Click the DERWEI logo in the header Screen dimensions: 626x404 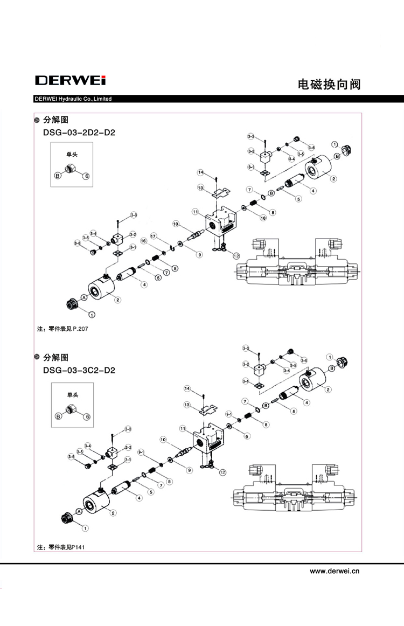click(70, 81)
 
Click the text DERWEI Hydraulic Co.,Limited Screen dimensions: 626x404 click(73, 99)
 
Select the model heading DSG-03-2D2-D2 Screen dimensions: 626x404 click(79, 132)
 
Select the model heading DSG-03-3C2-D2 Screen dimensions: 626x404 click(79, 370)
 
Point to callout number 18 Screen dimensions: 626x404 click(263, 218)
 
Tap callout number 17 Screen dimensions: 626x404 click(154, 237)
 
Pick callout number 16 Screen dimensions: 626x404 click(144, 242)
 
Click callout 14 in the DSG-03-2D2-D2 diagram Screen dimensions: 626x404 click(200, 172)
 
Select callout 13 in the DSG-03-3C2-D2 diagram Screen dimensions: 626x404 click(187, 405)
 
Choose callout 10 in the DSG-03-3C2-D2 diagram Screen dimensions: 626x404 click(162, 440)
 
